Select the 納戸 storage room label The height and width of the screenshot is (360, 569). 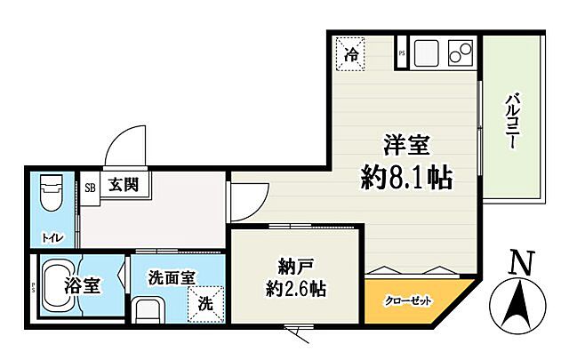(x=293, y=264)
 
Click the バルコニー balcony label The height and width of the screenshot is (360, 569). (x=514, y=121)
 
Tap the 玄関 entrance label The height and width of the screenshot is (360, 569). (x=124, y=186)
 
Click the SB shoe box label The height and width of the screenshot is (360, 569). (x=90, y=187)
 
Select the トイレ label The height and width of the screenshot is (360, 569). (x=47, y=237)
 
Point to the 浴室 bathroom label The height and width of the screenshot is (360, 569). (x=79, y=286)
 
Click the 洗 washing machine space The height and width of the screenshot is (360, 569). (x=205, y=302)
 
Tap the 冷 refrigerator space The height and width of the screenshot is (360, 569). (x=352, y=52)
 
